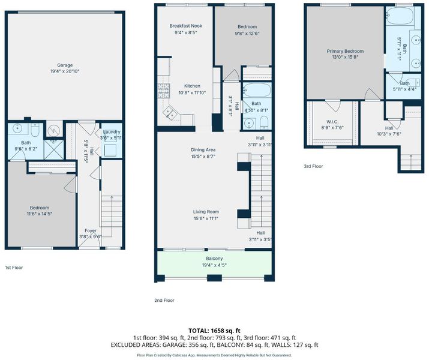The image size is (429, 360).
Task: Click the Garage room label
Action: [x=65, y=65]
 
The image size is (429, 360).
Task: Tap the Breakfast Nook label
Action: [x=186, y=26]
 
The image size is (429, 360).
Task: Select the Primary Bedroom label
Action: [x=345, y=51]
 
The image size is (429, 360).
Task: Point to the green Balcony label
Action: [x=214, y=259]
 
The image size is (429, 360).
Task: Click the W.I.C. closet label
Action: [x=332, y=122]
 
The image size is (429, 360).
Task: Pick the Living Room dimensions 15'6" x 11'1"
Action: [x=206, y=218]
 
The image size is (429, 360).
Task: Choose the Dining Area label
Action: [x=203, y=149]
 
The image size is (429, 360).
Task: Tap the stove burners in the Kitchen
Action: [x=164, y=91]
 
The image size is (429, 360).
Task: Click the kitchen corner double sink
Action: [x=170, y=112]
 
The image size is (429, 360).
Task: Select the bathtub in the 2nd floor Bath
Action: [x=257, y=90]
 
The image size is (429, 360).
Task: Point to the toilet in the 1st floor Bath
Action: [x=35, y=130]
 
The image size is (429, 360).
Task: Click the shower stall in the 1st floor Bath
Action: [x=54, y=149]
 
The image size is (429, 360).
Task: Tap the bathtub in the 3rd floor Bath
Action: [x=400, y=16]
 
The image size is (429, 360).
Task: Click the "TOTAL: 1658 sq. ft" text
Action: [x=215, y=331]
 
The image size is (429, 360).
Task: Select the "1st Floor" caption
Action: [x=14, y=268]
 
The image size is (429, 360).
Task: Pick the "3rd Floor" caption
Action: [x=313, y=166]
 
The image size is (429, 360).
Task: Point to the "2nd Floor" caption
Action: [x=164, y=300]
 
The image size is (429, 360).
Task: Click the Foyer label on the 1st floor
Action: [x=90, y=230]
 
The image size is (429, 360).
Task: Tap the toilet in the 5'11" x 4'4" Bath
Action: [x=416, y=82]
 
